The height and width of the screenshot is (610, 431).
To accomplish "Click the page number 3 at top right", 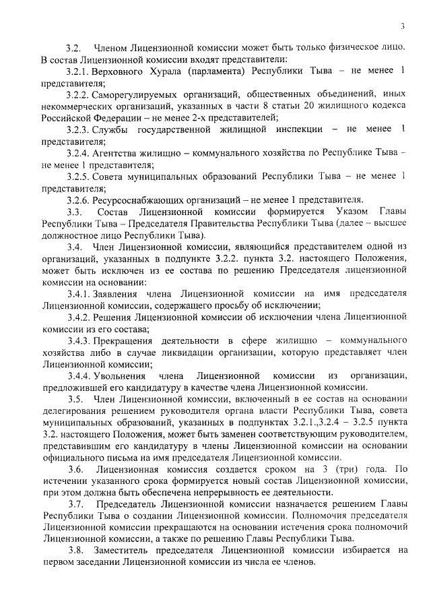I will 401,27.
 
